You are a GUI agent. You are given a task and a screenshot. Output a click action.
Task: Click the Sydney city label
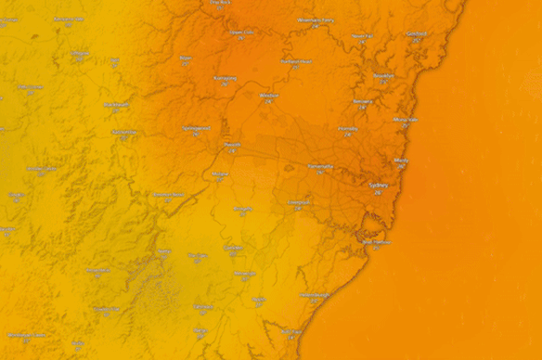tap(379, 186)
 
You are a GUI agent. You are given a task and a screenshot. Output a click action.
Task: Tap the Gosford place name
tap(416, 34)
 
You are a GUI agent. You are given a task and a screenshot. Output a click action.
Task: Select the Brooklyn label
tap(382, 76)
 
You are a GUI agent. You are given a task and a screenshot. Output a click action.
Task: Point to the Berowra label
tap(363, 101)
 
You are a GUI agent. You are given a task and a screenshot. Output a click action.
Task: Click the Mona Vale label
tap(406, 120)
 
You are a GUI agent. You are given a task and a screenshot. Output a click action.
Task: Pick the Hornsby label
tap(348, 129)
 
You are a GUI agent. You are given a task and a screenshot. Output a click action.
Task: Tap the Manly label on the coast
tap(401, 161)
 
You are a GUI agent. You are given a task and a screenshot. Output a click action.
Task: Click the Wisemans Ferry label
tap(315, 19)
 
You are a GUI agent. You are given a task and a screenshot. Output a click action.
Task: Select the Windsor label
tap(270, 96)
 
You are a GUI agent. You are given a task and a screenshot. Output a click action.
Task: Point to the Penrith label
tap(232, 145)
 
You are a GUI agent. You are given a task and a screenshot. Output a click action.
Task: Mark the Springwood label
tap(197, 128)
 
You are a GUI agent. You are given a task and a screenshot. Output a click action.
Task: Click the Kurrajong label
tap(226, 78)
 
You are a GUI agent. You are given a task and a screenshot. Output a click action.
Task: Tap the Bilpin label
tap(186, 58)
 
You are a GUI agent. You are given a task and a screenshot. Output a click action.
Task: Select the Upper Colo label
tap(241, 32)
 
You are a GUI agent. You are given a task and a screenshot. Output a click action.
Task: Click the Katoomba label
tap(124, 132)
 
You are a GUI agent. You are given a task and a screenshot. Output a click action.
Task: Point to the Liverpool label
tap(299, 201)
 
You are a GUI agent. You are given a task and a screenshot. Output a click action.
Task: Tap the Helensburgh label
tap(316, 295)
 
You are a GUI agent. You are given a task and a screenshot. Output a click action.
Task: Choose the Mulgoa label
tap(220, 174)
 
